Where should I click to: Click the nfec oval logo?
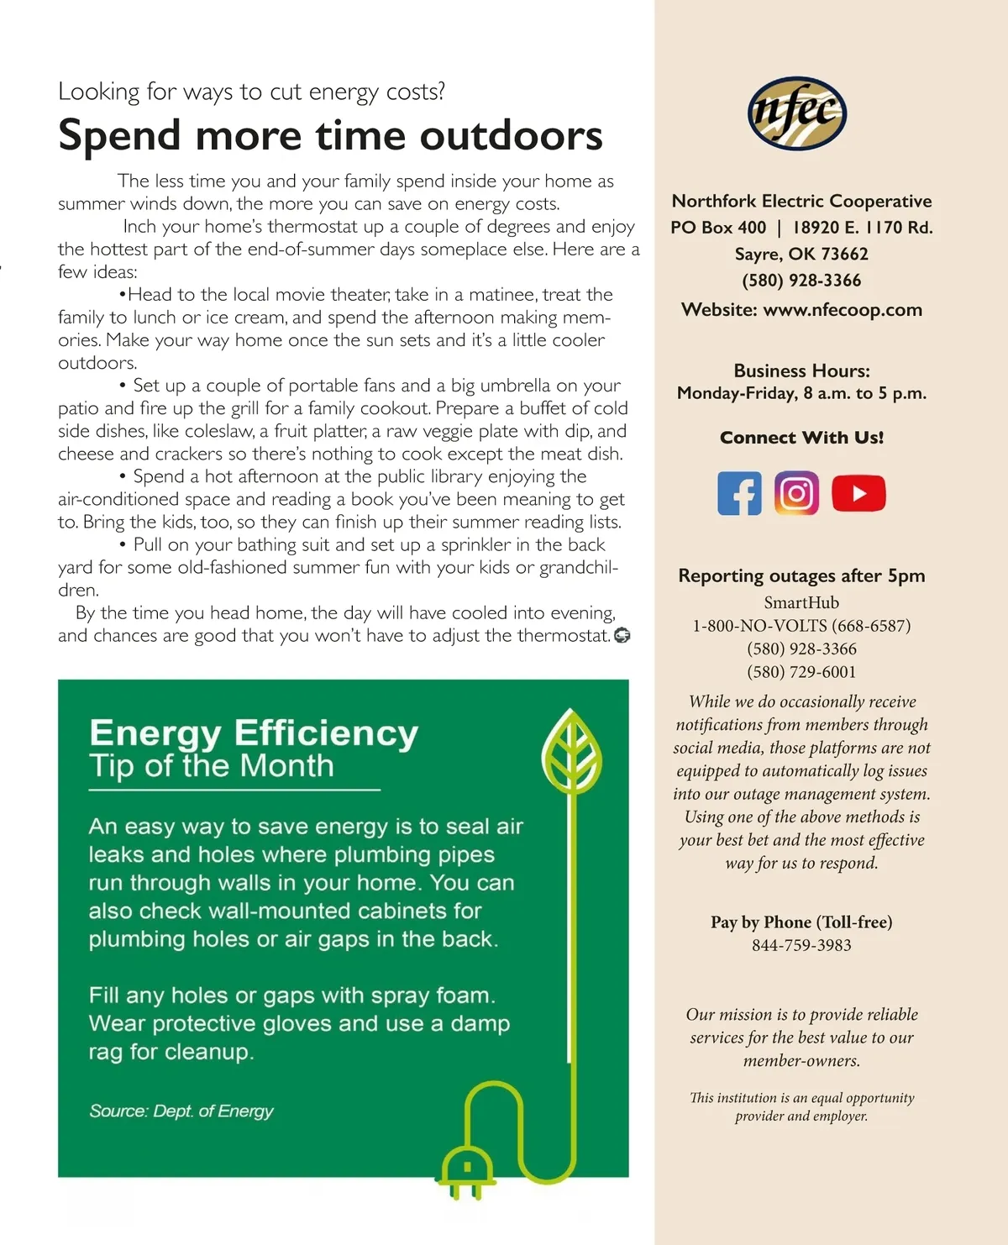(796, 113)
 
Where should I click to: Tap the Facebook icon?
(739, 493)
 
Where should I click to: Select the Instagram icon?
(796, 493)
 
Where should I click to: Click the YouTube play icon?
(858, 493)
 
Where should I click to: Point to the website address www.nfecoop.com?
(842, 310)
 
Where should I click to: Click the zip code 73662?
(844, 254)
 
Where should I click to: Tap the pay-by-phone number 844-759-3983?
(801, 945)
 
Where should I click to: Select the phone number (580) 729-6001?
(801, 672)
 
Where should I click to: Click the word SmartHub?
(801, 602)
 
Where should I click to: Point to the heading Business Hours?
(801, 370)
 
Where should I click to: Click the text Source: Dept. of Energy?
(181, 1111)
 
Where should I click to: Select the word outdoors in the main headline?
(511, 136)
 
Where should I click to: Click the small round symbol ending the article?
(622, 636)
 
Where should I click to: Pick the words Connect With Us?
(801, 438)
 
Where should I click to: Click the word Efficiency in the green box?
(326, 733)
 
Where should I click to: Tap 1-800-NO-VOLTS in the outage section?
(759, 626)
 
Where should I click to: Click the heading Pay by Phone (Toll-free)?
(801, 922)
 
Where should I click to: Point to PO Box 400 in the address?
(718, 228)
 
